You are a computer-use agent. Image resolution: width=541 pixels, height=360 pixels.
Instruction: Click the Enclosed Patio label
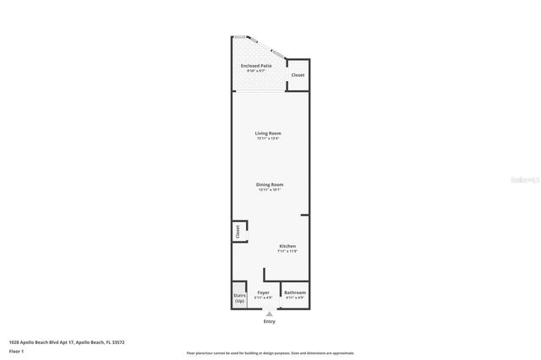pos(256,65)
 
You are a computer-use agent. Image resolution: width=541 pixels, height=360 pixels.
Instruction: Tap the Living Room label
pos(268,133)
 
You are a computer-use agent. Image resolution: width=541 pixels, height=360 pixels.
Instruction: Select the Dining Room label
pos(270,184)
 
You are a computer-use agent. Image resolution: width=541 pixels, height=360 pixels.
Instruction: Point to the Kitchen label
pos(288,246)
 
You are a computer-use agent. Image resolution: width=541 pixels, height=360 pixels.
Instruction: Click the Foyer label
pos(264,292)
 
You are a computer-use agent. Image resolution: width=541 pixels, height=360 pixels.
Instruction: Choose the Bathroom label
pos(295,292)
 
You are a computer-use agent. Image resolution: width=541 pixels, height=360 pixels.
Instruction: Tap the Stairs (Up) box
pos(239,298)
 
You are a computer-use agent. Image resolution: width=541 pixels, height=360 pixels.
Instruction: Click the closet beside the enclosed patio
pos(298,75)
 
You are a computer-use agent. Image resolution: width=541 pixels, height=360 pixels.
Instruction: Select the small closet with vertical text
pos(238,230)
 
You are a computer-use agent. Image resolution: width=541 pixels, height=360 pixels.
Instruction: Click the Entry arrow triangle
pos(270,314)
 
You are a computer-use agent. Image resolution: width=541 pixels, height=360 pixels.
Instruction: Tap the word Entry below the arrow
pos(270,321)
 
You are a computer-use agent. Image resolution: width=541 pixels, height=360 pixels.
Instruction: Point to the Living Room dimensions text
pos(268,139)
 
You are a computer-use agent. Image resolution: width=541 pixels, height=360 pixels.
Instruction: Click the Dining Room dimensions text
pos(270,189)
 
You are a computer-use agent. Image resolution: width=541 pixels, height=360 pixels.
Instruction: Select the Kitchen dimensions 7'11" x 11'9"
pos(288,251)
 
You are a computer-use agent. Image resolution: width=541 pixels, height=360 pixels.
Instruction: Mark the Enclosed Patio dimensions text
pos(256,70)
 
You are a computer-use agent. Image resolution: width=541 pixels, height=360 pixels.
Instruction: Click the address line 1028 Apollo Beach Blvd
pos(67,342)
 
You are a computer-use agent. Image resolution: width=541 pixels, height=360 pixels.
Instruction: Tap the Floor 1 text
pos(16,351)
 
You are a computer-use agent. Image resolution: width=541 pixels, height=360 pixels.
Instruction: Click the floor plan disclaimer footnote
pos(270,353)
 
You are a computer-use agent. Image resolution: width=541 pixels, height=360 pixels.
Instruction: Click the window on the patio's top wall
pos(241,37)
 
